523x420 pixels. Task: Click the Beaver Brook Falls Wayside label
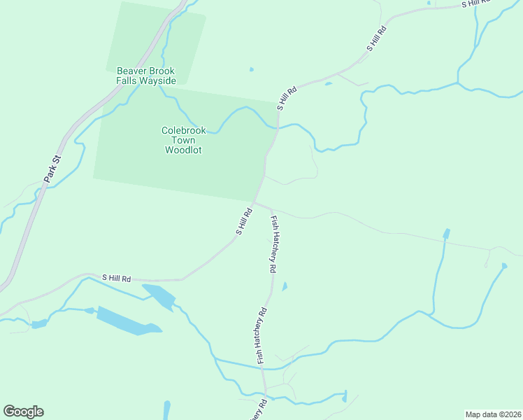[145, 76]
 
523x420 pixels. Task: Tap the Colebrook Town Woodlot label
[182, 140]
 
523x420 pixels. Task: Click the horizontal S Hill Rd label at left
[116, 278]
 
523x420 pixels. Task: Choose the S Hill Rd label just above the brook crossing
[287, 98]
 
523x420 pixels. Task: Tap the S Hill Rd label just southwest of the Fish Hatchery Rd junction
[243, 220]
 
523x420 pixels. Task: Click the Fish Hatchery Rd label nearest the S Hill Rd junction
[275, 244]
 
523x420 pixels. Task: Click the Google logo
[23, 412]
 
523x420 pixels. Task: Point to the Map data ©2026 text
[493, 414]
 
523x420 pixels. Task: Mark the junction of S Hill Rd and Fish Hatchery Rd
[255, 202]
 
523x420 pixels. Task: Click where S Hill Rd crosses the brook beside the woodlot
[278, 127]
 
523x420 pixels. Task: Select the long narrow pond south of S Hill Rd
[129, 321]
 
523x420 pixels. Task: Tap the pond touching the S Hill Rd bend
[159, 296]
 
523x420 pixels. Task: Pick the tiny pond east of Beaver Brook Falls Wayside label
[251, 69]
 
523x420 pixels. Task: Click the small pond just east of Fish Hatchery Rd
[284, 286]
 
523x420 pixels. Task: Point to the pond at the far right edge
[504, 265]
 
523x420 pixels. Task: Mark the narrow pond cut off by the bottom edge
[166, 410]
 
